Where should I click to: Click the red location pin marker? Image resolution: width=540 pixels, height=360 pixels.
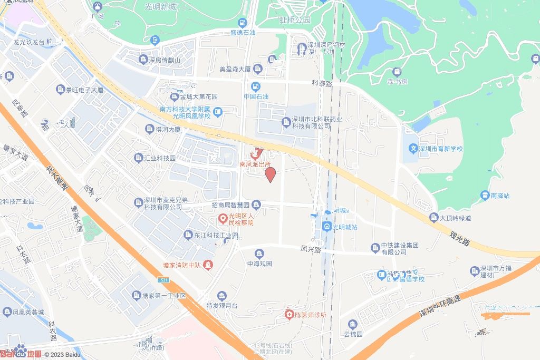pyautogui.click(x=270, y=174)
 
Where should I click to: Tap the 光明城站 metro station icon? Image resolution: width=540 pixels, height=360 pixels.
pyautogui.click(x=326, y=227)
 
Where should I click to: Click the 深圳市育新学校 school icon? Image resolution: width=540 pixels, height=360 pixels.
pyautogui.click(x=414, y=149)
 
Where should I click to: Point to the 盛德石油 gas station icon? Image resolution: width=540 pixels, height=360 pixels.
pyautogui.click(x=242, y=23)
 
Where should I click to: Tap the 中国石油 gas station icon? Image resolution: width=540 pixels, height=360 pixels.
pyautogui.click(x=256, y=86)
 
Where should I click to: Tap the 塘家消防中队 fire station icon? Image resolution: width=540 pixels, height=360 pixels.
pyautogui.click(x=209, y=264)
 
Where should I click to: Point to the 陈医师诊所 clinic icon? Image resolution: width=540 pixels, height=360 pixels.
pyautogui.click(x=290, y=315)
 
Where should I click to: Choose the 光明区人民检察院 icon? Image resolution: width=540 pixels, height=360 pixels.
pyautogui.click(x=223, y=218)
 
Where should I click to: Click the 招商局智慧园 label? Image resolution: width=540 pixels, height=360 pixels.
pyautogui.click(x=230, y=205)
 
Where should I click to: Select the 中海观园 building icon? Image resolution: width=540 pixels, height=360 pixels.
pyautogui.click(x=259, y=254)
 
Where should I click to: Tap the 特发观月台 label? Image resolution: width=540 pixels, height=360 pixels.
pyautogui.click(x=223, y=305)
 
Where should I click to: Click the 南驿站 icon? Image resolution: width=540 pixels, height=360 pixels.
pyautogui.click(x=484, y=196)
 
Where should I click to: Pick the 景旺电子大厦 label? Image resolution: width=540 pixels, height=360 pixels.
pyautogui.click(x=84, y=90)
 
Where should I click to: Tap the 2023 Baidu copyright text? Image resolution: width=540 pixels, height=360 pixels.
pyautogui.click(x=62, y=355)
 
